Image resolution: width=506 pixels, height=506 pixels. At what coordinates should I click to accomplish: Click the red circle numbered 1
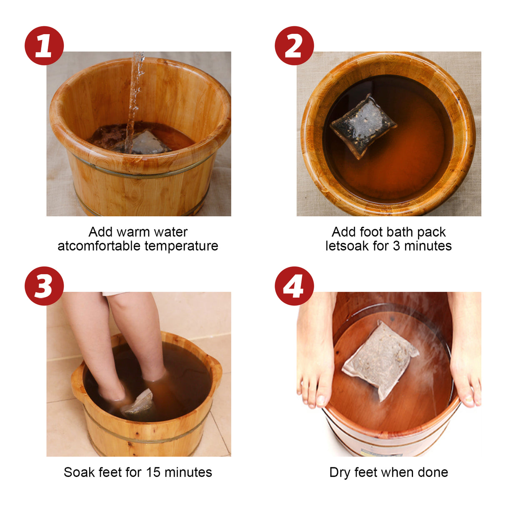[x=44, y=45]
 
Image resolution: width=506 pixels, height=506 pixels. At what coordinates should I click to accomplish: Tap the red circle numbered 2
[x=294, y=45]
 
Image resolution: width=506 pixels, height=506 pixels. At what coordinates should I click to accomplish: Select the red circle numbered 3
[x=44, y=286]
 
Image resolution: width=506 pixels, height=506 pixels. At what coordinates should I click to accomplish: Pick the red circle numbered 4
[x=294, y=286]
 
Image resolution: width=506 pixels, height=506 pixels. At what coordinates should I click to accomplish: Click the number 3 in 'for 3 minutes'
[x=396, y=246]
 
